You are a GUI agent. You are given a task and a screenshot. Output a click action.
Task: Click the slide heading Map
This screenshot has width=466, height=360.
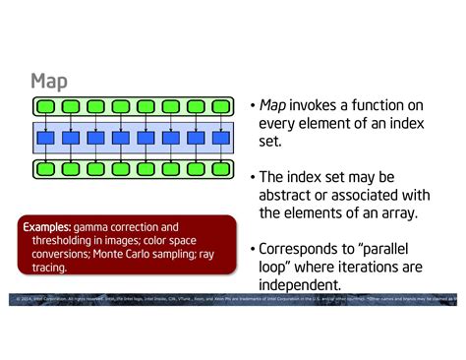pos(48,81)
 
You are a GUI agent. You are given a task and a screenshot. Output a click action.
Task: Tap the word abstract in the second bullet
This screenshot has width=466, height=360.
pos(291,195)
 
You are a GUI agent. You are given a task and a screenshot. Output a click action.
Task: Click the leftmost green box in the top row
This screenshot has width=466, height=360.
pos(46,105)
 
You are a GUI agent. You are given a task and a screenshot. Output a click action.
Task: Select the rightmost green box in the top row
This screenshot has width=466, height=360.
pos(220,105)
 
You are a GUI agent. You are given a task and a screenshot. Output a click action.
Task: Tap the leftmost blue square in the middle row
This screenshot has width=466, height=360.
pos(46,138)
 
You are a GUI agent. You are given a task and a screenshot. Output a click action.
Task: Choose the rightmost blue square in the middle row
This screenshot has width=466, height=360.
pos(220,138)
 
